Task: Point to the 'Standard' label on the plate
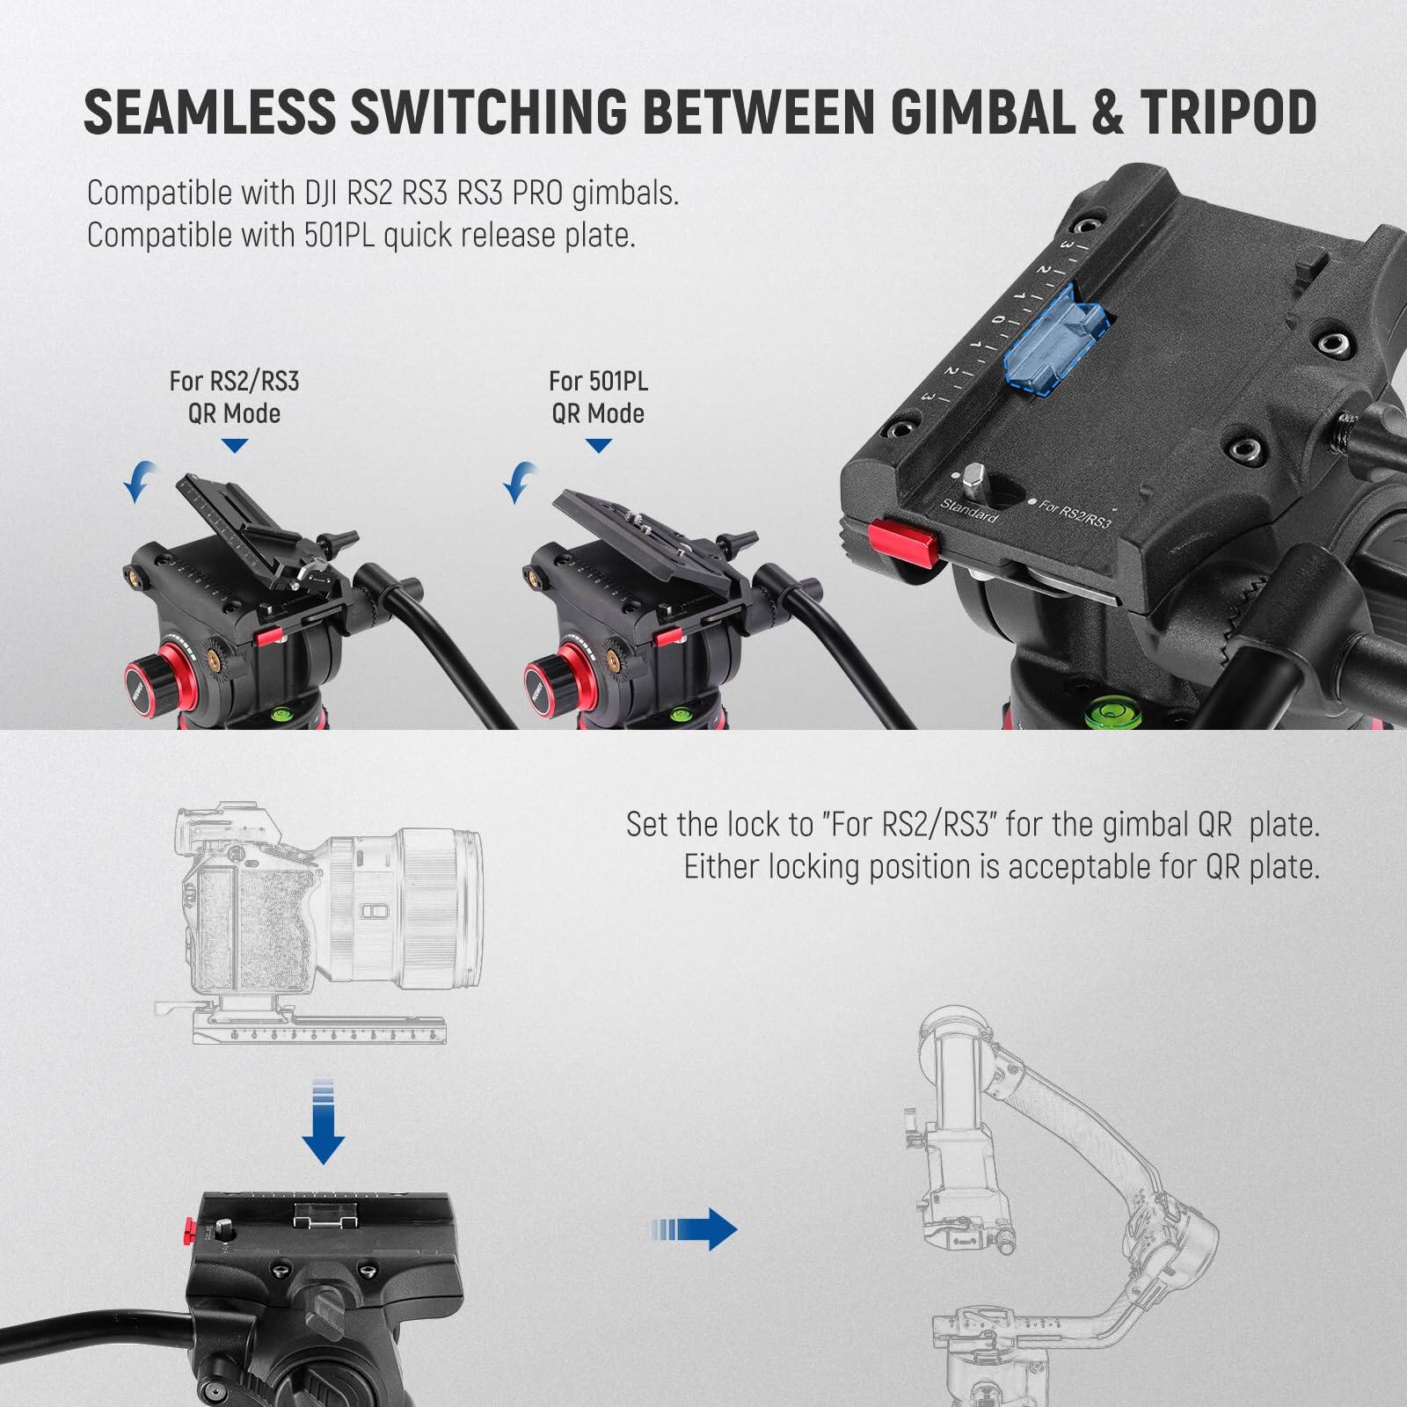tap(969, 510)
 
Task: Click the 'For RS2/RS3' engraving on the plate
tap(1075, 513)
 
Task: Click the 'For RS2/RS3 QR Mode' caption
tap(234, 397)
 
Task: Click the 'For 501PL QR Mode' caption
tap(598, 397)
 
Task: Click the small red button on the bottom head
tap(191, 1230)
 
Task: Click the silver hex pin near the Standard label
tap(973, 479)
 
